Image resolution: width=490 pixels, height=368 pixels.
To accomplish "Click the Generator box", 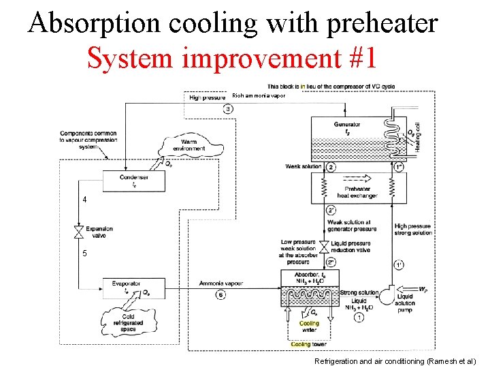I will click(x=347, y=129).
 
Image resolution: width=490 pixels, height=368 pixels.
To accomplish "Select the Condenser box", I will click(x=133, y=180).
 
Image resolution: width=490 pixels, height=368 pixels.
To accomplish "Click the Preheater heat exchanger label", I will click(x=358, y=192).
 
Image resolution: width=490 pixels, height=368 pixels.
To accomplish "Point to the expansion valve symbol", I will click(x=79, y=232).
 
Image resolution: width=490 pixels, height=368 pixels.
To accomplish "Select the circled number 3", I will click(x=228, y=109).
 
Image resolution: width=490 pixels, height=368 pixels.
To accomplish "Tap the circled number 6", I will click(x=219, y=294).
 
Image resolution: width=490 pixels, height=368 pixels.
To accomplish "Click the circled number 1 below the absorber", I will click(x=359, y=318).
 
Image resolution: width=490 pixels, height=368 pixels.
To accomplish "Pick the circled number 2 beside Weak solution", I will click(x=331, y=167).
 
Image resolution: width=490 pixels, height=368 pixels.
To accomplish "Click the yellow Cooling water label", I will click(x=309, y=327).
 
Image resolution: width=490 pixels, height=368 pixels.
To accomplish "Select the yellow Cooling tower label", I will click(x=310, y=344).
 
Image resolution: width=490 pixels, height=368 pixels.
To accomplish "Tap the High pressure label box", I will click(x=207, y=97).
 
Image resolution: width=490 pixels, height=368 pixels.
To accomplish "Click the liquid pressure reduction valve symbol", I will click(x=324, y=245).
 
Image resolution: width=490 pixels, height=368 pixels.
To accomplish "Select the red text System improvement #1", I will click(x=232, y=59).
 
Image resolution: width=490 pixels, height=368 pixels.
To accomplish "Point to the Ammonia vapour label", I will click(x=221, y=283).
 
